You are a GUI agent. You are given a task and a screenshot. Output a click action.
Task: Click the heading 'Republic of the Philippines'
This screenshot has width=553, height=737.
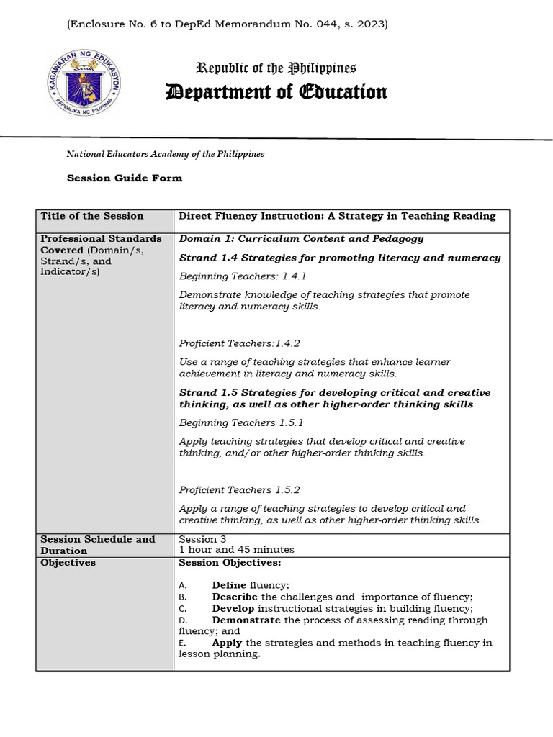(276, 68)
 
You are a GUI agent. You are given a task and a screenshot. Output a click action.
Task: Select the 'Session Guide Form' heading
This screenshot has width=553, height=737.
(125, 178)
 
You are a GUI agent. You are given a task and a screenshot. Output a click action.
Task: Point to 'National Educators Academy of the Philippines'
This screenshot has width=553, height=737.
(165, 153)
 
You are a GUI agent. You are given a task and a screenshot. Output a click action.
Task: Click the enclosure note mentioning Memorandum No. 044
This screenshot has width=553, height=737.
(227, 24)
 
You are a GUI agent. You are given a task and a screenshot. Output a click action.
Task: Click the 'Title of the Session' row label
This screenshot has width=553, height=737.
(92, 216)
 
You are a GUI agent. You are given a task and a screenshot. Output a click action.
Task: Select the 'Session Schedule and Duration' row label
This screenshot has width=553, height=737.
(98, 544)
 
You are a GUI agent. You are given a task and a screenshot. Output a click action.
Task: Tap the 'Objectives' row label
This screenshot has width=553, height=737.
(68, 562)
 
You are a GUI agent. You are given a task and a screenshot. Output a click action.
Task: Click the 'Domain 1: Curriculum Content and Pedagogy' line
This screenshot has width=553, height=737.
(301, 238)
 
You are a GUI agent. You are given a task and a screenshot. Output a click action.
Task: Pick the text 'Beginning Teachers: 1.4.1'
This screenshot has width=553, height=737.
(238, 276)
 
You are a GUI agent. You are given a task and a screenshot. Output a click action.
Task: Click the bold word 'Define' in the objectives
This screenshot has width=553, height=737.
(229, 585)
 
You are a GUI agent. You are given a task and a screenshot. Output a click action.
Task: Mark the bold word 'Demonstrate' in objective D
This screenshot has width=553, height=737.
(246, 620)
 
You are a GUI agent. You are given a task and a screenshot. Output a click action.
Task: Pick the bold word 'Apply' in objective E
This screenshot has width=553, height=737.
(228, 643)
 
